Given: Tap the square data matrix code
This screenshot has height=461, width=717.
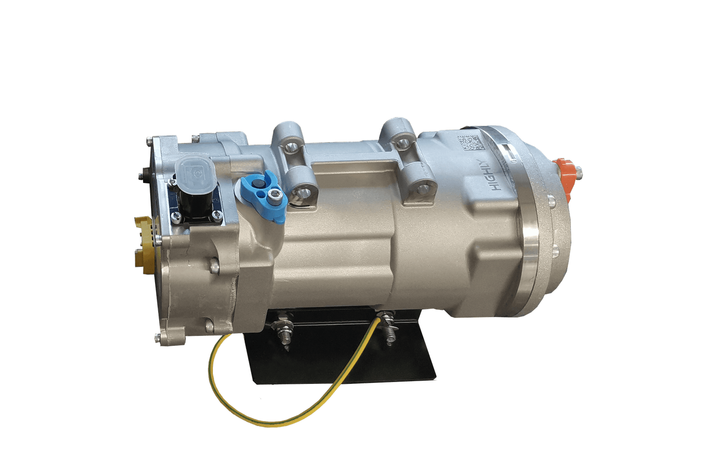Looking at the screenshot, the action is pos(469,143).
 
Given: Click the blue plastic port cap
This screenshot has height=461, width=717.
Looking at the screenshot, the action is pos(264,196).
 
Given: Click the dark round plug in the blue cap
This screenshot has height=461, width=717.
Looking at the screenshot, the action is pos(258,183).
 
